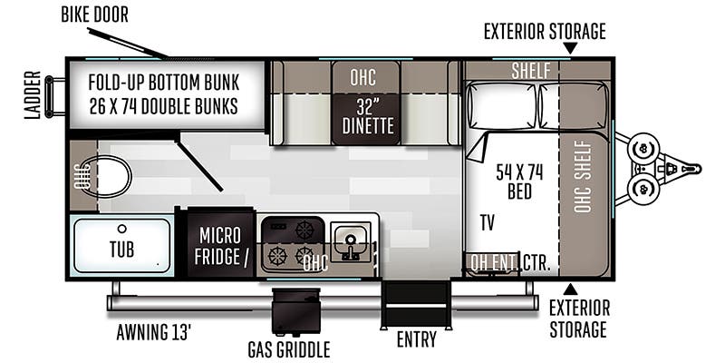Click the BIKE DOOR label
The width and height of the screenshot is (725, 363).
(x=94, y=15)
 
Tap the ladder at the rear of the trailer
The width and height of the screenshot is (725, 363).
(x=55, y=97)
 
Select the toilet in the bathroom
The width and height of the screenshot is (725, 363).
(x=107, y=176)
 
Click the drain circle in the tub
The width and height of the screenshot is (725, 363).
(x=121, y=229)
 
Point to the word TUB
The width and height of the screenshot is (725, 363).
(x=122, y=249)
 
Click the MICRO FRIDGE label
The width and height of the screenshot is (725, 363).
(x=220, y=246)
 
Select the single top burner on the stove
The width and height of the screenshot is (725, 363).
(x=304, y=230)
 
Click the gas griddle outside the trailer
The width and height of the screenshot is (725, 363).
(x=296, y=311)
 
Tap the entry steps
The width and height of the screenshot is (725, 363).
(x=415, y=304)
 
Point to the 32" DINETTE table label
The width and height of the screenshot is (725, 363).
(x=368, y=117)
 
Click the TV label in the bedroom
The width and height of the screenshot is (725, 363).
(x=487, y=222)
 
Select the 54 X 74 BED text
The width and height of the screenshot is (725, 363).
(x=519, y=181)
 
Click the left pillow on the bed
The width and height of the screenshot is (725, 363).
(x=502, y=105)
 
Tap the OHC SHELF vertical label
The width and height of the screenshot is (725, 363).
(x=583, y=176)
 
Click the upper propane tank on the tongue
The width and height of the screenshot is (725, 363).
(x=643, y=149)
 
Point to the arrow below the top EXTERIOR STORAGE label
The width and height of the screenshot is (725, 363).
(x=571, y=48)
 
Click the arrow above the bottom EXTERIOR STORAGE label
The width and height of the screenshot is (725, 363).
(x=571, y=289)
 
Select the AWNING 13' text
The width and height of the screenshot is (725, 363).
(x=153, y=332)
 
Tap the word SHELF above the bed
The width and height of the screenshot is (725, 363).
(x=531, y=71)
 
